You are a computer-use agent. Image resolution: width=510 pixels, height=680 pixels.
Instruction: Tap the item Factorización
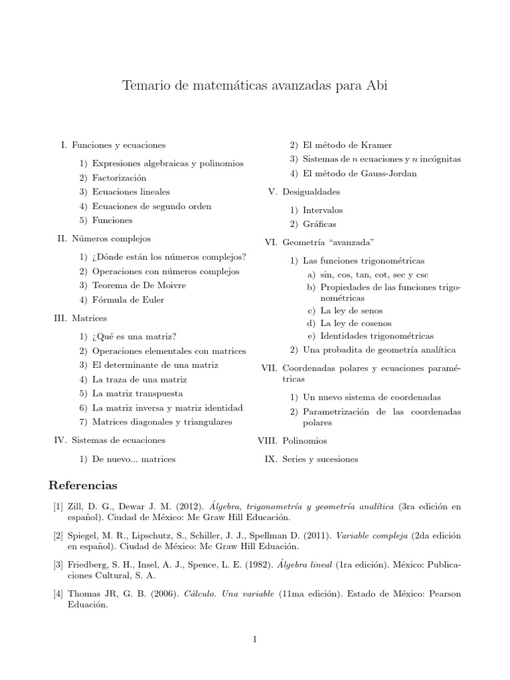(120, 178)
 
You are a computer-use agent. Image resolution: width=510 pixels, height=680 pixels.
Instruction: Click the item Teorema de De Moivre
(139, 285)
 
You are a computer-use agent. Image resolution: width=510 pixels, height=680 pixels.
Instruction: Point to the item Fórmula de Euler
(128, 299)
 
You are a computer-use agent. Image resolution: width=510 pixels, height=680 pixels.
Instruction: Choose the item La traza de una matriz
(139, 379)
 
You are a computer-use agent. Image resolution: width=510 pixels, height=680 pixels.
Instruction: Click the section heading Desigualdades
(311, 191)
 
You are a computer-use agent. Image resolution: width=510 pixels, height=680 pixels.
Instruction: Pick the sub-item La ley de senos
(351, 310)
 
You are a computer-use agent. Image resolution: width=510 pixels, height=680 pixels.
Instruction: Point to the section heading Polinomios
(304, 440)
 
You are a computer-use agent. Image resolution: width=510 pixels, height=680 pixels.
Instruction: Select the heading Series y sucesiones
(320, 459)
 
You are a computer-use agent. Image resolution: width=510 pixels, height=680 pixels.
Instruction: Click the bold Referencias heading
(85, 485)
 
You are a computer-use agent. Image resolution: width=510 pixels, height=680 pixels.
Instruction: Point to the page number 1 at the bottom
(254, 639)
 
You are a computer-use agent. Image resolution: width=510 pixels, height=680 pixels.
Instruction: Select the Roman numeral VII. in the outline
(268, 367)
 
